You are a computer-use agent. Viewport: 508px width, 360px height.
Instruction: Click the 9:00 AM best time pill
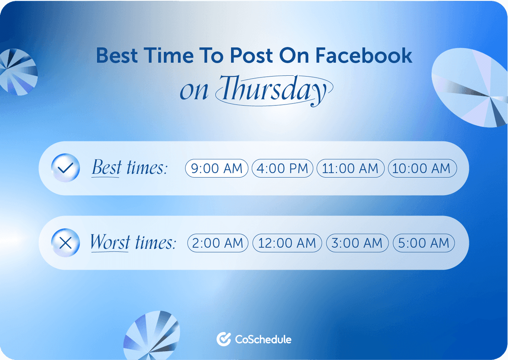click(x=216, y=168)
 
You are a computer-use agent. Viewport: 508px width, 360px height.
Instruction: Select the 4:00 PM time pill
click(x=282, y=168)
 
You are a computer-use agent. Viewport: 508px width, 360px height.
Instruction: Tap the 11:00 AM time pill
click(x=351, y=168)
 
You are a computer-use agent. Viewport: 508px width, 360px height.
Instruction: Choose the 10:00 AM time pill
click(x=422, y=168)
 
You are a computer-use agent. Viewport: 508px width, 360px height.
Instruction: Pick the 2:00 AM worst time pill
click(x=218, y=243)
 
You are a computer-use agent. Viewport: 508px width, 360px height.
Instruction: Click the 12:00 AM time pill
click(x=287, y=243)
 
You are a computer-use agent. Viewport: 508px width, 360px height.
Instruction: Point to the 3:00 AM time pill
click(x=357, y=243)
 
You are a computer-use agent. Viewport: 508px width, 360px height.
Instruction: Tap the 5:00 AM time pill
click(x=424, y=243)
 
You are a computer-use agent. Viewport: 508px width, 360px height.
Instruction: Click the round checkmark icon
click(x=65, y=168)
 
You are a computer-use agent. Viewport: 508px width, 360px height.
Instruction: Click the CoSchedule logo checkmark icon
click(x=223, y=339)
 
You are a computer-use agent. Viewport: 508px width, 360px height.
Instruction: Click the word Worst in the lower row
click(x=110, y=243)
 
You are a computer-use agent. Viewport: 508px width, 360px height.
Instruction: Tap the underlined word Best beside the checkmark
click(x=107, y=168)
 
